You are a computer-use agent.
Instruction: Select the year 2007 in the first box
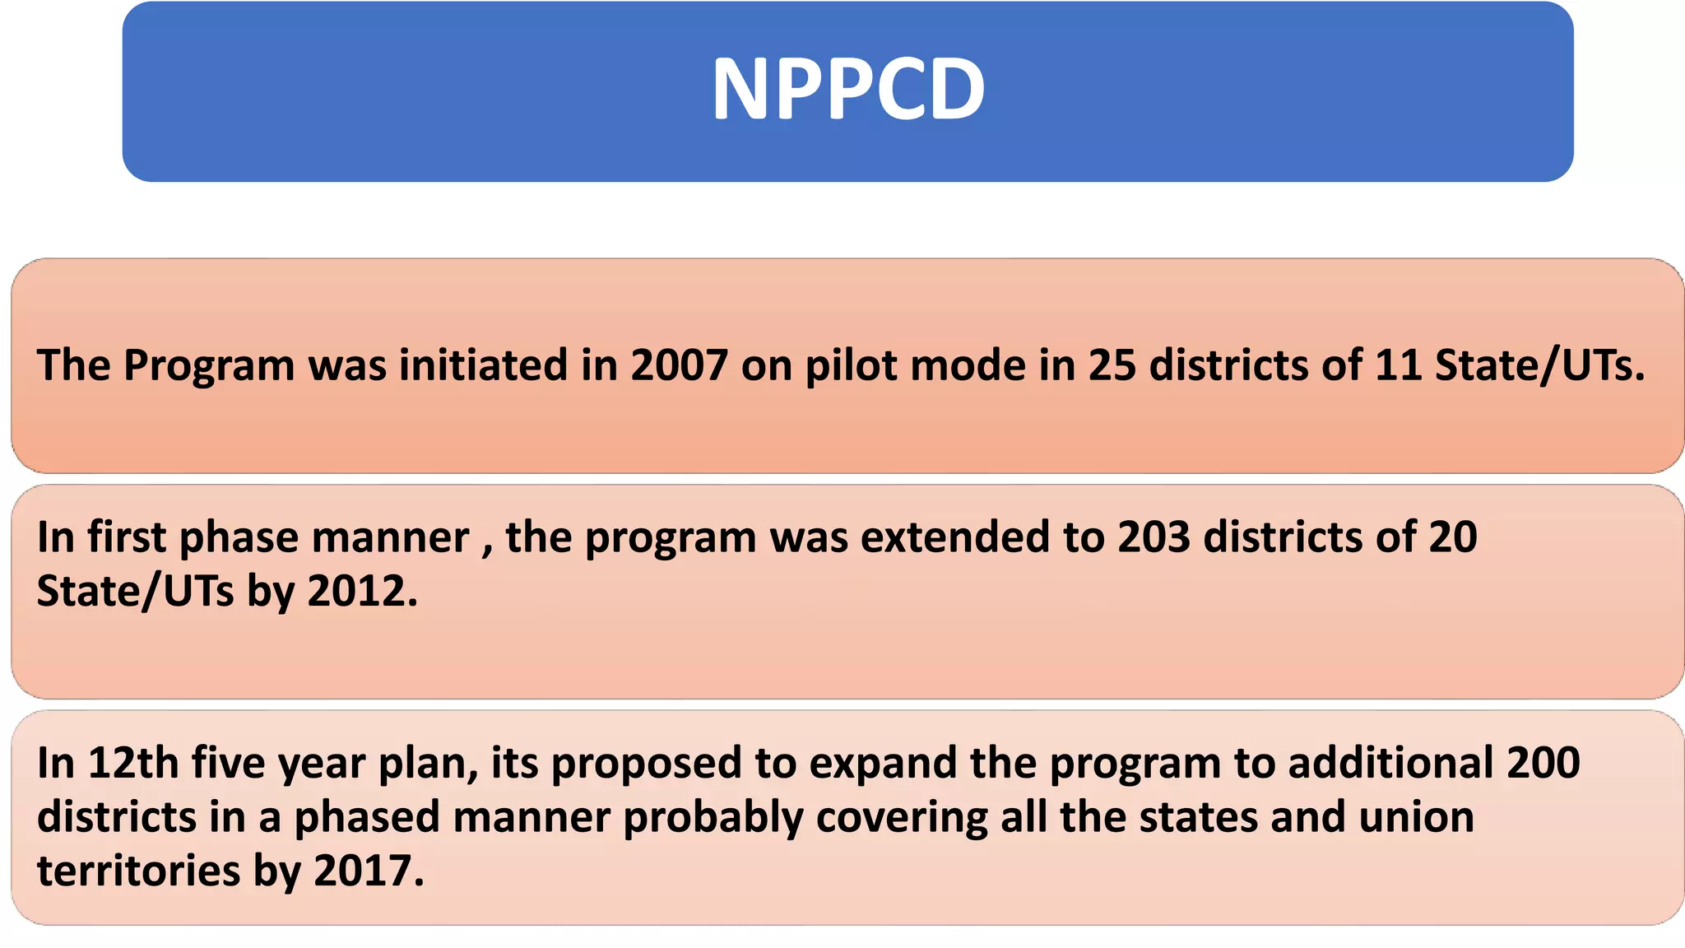[x=680, y=365]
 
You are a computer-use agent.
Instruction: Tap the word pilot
[x=847, y=366]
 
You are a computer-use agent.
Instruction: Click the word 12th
[x=133, y=762]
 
